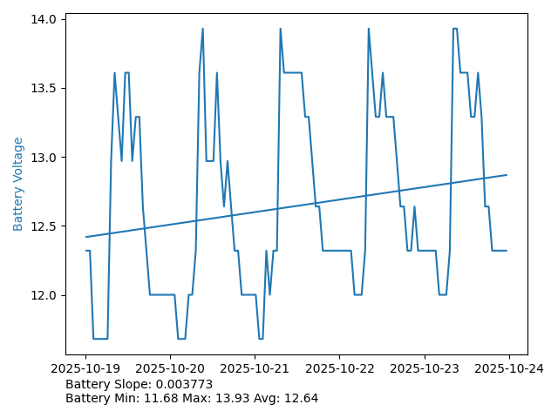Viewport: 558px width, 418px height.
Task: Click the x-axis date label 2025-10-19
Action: pyautogui.click(x=85, y=368)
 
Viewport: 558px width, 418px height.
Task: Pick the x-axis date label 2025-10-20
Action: pyautogui.click(x=170, y=368)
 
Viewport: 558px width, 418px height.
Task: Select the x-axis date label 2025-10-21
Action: pyautogui.click(x=255, y=368)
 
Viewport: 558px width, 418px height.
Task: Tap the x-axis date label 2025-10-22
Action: pyautogui.click(x=339, y=368)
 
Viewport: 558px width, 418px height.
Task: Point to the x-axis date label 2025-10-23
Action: pyautogui.click(x=425, y=368)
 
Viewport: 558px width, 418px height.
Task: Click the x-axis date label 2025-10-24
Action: pyautogui.click(x=509, y=368)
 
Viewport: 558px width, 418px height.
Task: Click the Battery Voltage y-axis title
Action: pyautogui.click(x=18, y=184)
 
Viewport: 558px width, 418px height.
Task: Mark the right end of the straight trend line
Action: pyautogui.click(x=507, y=175)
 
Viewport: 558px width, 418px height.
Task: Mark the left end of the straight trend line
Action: pyautogui.click(x=85, y=237)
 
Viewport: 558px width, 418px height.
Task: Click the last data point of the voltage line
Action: pyautogui.click(x=507, y=251)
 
